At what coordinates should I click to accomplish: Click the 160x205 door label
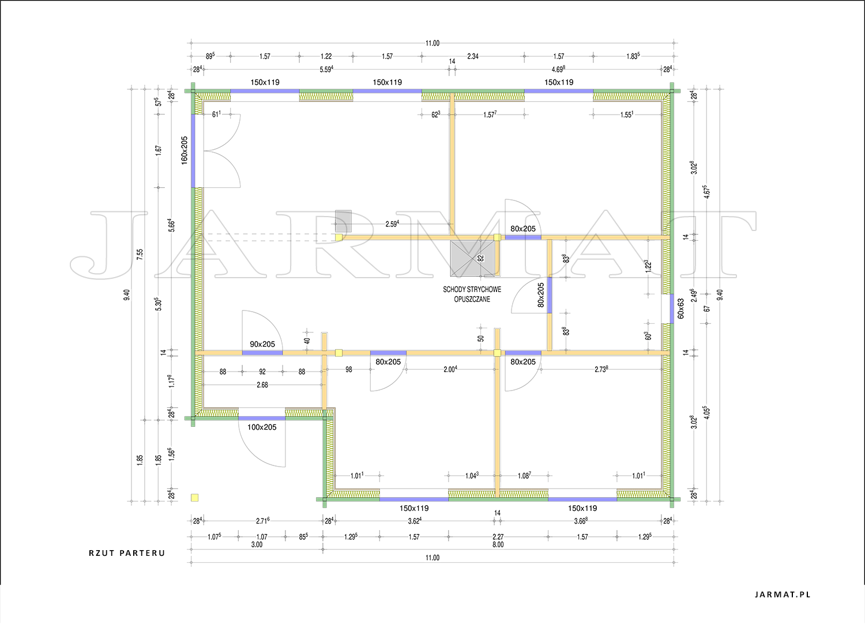tap(185, 150)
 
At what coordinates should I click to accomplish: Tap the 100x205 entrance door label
tap(262, 427)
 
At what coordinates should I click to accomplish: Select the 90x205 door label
tap(262, 344)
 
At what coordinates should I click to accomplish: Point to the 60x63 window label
tap(680, 309)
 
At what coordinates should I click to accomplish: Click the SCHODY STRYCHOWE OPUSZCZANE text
tap(472, 294)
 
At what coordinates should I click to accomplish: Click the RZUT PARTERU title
tap(127, 553)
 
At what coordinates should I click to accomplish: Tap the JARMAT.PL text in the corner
tap(783, 594)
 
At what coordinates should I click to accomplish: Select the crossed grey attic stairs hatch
tap(473, 259)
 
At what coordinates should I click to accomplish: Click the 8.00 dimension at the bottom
tap(498, 545)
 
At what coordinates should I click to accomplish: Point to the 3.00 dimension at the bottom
tap(257, 545)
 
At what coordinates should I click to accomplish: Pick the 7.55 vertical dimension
tap(140, 254)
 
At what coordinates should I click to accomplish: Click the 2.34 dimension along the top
tap(473, 56)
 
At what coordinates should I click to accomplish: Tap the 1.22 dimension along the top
tap(326, 56)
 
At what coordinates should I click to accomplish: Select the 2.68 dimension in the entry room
tap(262, 385)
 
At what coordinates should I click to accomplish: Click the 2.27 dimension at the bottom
tap(498, 537)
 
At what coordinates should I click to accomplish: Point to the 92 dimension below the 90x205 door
tap(262, 372)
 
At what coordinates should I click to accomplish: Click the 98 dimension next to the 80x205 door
tap(349, 370)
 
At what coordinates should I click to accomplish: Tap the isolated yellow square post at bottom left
tap(195, 498)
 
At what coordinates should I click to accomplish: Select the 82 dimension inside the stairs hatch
tap(481, 258)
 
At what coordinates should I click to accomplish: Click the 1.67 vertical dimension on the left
tap(159, 150)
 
